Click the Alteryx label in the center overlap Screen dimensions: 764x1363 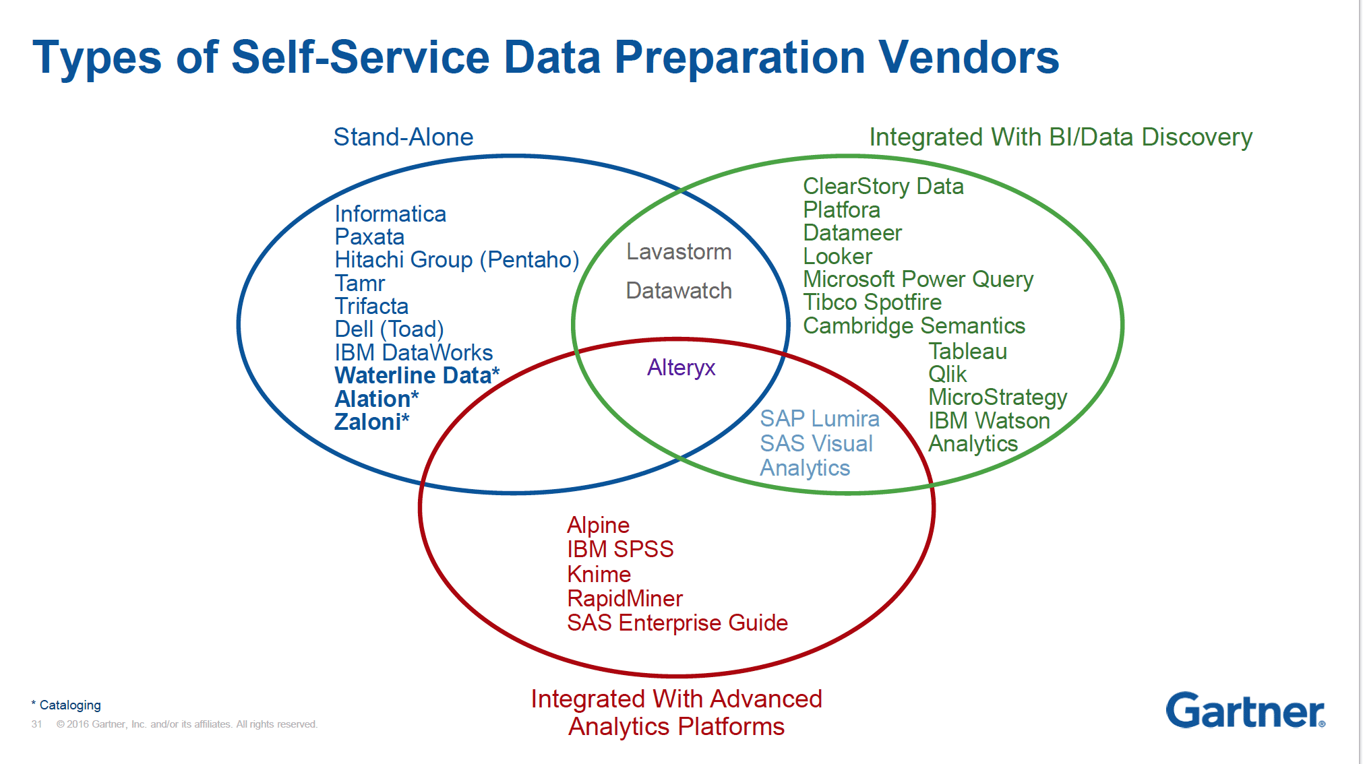click(x=681, y=368)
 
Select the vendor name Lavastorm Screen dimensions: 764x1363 click(x=679, y=252)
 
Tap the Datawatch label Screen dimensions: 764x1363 click(x=679, y=291)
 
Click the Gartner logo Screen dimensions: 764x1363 click(x=1245, y=711)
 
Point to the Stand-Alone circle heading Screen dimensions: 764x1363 click(x=403, y=137)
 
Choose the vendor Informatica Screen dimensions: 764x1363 click(x=390, y=214)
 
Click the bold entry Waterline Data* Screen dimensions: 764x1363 click(x=417, y=376)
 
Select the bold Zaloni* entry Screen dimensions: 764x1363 click(x=371, y=422)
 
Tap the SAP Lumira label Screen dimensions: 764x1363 click(x=819, y=419)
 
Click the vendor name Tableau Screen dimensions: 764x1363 click(x=967, y=352)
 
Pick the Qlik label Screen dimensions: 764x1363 click(x=947, y=375)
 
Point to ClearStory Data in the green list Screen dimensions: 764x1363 click(x=883, y=187)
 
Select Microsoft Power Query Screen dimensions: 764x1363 click(x=918, y=280)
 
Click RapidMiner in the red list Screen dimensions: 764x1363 click(x=625, y=599)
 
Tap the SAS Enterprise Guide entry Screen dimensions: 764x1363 click(x=677, y=623)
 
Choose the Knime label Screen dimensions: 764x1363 click(x=599, y=575)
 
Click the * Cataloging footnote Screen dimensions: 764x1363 click(x=67, y=705)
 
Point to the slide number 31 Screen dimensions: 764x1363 click(x=36, y=724)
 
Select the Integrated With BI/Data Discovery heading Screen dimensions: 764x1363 click(x=1060, y=137)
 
